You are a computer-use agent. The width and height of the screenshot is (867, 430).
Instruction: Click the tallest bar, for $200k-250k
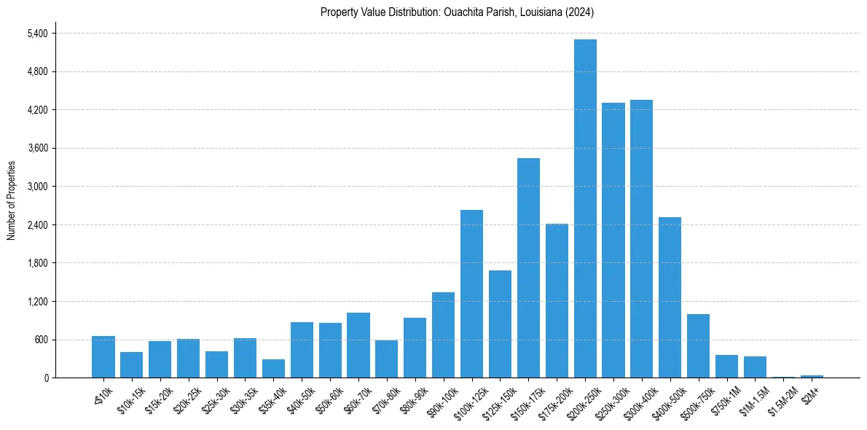(585, 208)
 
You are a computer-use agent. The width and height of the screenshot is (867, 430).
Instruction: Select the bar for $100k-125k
(471, 294)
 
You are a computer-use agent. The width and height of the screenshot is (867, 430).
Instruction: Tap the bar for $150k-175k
(528, 268)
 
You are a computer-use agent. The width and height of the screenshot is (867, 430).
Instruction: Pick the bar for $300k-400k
(641, 239)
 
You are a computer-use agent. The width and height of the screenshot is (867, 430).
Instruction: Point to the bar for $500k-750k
(698, 346)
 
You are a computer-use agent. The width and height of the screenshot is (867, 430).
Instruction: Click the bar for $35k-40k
(273, 369)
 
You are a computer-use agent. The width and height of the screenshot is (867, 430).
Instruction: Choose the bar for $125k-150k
(500, 324)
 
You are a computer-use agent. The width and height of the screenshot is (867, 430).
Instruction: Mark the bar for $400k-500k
(670, 297)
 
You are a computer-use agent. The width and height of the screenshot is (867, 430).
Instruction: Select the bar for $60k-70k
(358, 345)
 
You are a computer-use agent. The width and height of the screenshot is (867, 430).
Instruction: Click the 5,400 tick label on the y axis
(37, 34)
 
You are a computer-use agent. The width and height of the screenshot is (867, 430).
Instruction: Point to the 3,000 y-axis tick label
(37, 187)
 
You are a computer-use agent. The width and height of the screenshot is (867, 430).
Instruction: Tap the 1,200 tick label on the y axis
(37, 302)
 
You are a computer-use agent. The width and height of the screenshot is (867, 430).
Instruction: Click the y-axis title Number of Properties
(11, 200)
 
